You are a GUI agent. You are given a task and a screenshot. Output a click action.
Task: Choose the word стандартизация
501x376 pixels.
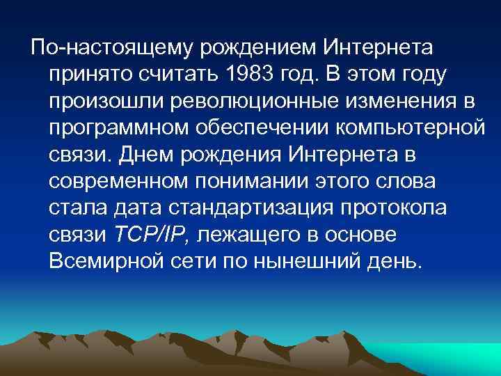click(240, 209)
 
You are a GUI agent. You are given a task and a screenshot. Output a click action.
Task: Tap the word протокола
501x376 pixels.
click(375, 209)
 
